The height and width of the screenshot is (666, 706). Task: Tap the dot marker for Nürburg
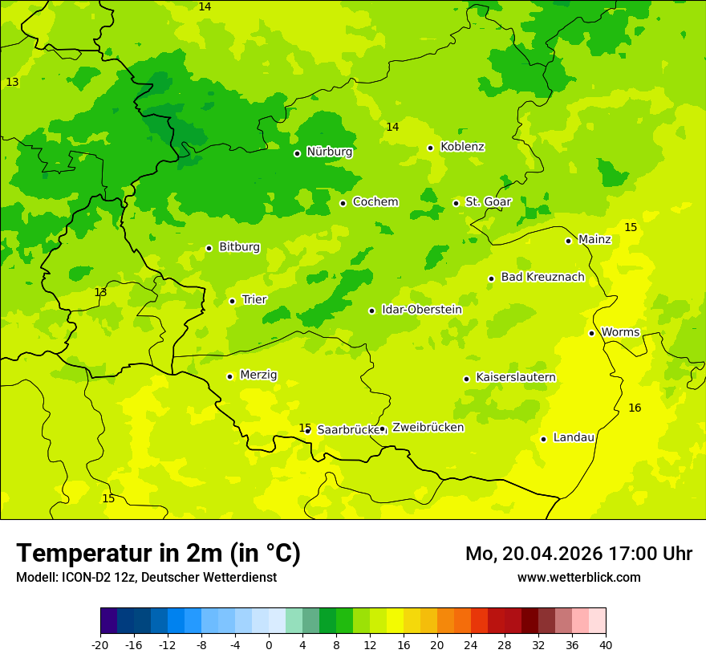(x=297, y=153)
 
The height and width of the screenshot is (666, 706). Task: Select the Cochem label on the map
(x=375, y=202)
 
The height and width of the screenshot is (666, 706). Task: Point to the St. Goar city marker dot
(x=456, y=203)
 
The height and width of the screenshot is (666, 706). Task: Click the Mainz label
(x=594, y=240)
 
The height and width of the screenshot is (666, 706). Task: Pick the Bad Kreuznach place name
(x=542, y=278)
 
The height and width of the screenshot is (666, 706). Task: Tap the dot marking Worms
(x=591, y=333)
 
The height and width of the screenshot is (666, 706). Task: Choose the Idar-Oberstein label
(x=421, y=310)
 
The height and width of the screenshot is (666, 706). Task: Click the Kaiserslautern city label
(x=516, y=378)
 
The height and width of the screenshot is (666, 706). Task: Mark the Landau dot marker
(x=543, y=439)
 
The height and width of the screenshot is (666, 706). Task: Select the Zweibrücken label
(x=428, y=428)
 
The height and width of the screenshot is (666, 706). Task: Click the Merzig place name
(x=258, y=376)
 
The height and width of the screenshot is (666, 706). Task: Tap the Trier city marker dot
(x=232, y=301)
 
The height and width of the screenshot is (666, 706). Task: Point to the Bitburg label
(x=239, y=247)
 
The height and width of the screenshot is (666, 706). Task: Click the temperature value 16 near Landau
(x=635, y=408)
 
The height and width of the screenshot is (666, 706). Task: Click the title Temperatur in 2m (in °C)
(x=158, y=554)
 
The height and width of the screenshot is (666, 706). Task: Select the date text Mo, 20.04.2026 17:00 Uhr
(x=578, y=554)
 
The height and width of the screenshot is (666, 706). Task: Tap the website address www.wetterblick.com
(x=578, y=578)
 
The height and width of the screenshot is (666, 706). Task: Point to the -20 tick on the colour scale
(x=100, y=644)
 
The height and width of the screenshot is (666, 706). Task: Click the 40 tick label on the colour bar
(x=606, y=644)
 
